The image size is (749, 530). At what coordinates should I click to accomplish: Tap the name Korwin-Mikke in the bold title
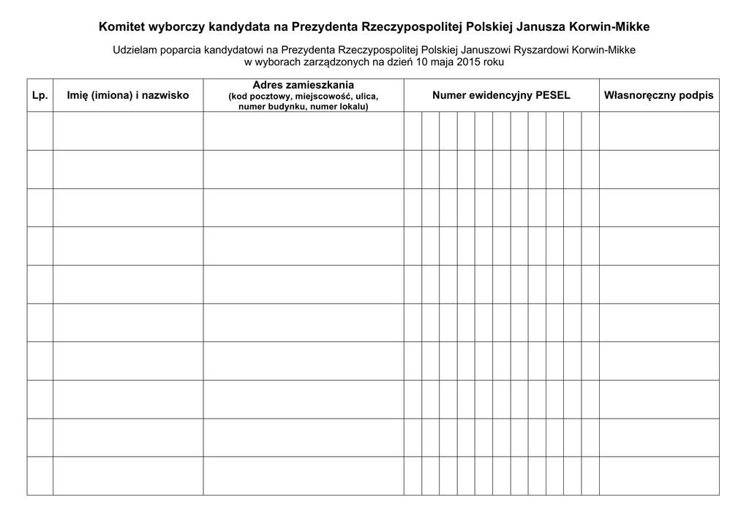[610, 27]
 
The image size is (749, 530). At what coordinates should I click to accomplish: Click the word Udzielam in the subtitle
[134, 51]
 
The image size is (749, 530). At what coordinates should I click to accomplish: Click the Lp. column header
[39, 96]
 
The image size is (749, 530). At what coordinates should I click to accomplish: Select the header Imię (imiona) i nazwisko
[128, 96]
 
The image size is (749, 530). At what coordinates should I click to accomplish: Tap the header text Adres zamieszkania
[303, 85]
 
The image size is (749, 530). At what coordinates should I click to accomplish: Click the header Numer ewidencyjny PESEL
[501, 96]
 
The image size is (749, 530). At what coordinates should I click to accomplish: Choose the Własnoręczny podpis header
[658, 96]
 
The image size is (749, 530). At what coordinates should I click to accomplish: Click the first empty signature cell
[659, 131]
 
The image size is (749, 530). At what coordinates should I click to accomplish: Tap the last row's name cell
[128, 476]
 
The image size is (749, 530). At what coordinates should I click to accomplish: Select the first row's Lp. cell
[39, 131]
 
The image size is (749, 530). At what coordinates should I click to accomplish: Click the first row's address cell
[303, 131]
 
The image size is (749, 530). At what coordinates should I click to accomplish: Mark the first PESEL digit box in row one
[413, 131]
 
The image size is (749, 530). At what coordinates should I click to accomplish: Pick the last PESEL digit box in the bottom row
[590, 476]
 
